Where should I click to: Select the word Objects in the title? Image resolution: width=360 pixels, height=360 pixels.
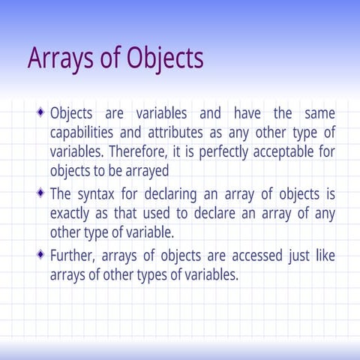pos(163,58)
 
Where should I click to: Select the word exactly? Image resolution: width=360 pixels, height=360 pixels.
pos(71,213)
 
